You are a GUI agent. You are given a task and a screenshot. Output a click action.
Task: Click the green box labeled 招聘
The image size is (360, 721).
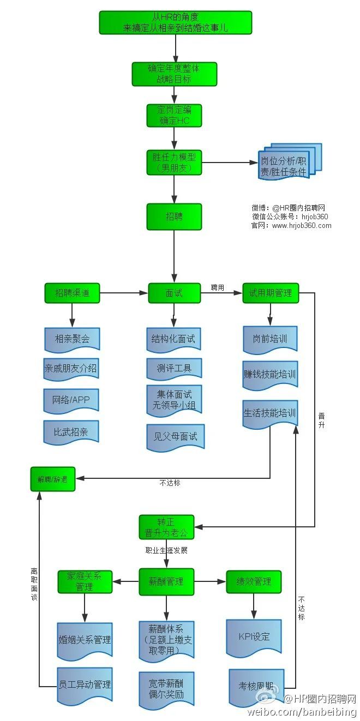click(174, 217)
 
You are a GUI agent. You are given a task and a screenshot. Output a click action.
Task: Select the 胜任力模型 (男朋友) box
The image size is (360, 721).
click(174, 163)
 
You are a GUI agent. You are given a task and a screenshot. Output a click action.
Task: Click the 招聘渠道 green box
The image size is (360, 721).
click(72, 293)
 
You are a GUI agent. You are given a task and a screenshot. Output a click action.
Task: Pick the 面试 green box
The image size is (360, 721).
click(174, 293)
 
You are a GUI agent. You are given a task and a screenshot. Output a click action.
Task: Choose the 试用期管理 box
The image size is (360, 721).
click(270, 293)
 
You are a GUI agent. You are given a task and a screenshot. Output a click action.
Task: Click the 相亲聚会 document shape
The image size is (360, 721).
click(72, 339)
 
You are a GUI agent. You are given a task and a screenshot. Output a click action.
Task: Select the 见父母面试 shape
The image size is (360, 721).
click(175, 436)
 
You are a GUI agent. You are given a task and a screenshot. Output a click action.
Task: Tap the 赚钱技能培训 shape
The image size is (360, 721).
click(270, 375)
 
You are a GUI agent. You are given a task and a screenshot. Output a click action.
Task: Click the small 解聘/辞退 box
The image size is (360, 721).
click(52, 480)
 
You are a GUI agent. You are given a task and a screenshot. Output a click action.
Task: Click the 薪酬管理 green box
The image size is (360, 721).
click(166, 581)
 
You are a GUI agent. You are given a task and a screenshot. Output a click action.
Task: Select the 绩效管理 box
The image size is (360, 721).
click(254, 581)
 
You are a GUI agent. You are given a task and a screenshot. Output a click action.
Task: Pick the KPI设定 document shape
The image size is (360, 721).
click(254, 636)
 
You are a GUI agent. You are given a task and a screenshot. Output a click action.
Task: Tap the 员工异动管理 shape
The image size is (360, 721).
click(85, 684)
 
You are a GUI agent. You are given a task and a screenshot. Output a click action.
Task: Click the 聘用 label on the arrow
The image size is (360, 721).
click(218, 287)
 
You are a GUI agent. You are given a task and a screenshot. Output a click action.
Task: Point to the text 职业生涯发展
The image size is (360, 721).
click(166, 550)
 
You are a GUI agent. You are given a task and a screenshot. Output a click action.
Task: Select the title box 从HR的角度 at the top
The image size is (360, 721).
click(175, 22)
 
